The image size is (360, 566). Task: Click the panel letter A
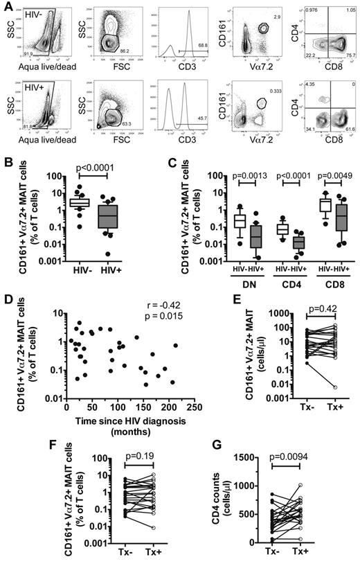coord(6,6)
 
